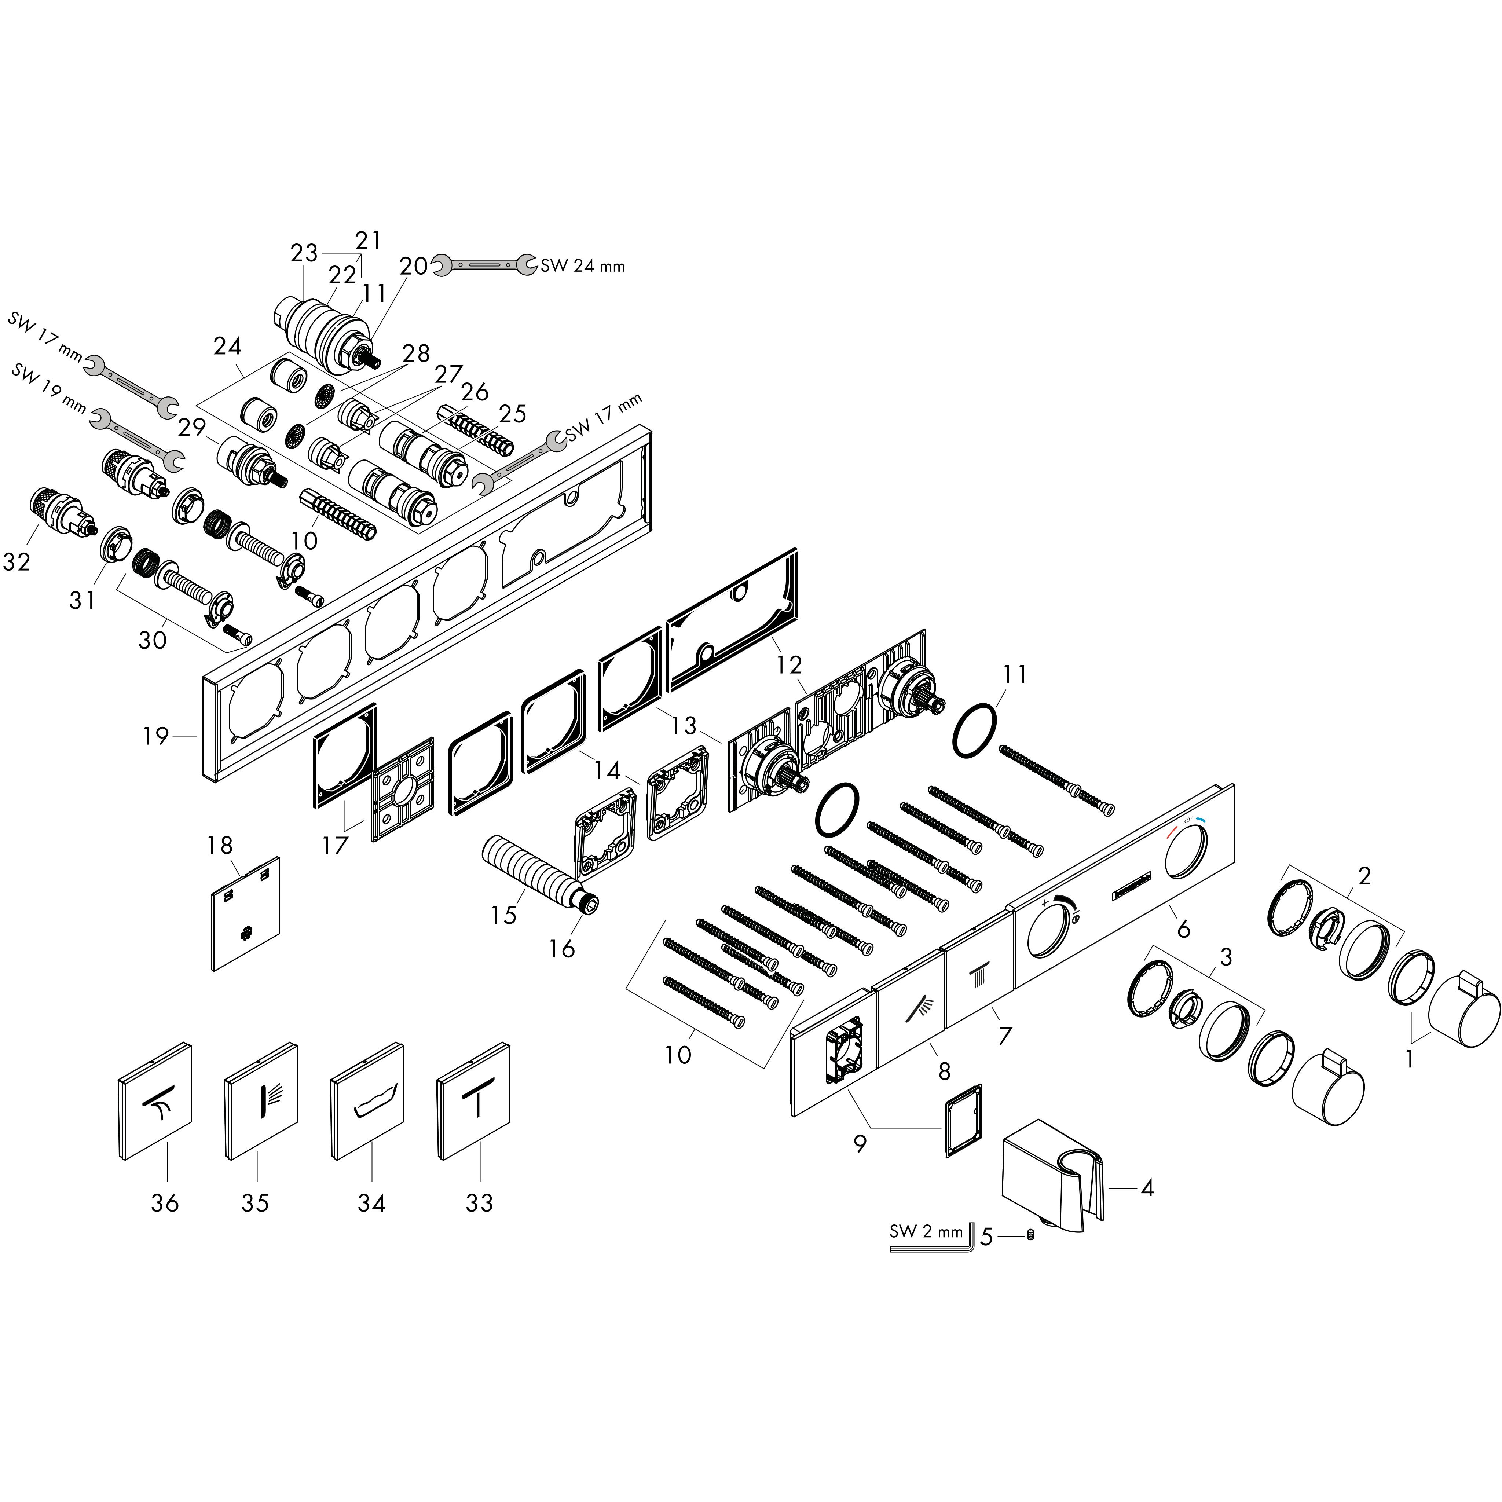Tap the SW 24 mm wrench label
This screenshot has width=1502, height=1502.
coord(582,266)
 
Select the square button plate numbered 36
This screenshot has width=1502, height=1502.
coord(155,1100)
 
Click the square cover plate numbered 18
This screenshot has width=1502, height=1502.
coord(246,914)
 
